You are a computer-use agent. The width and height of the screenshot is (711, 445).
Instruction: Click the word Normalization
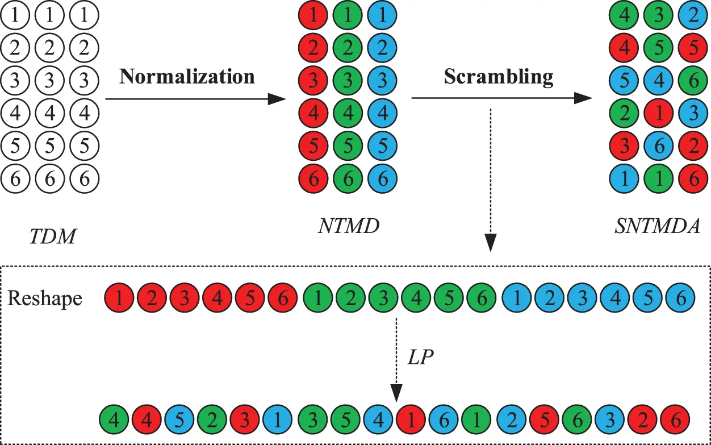click(x=187, y=76)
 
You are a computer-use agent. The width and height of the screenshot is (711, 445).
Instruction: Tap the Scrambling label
click(x=498, y=76)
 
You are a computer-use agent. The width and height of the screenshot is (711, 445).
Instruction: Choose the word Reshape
click(x=44, y=298)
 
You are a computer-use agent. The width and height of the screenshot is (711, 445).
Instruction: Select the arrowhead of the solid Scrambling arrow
click(x=583, y=98)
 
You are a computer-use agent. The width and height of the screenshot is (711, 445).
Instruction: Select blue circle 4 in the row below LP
click(x=377, y=421)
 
